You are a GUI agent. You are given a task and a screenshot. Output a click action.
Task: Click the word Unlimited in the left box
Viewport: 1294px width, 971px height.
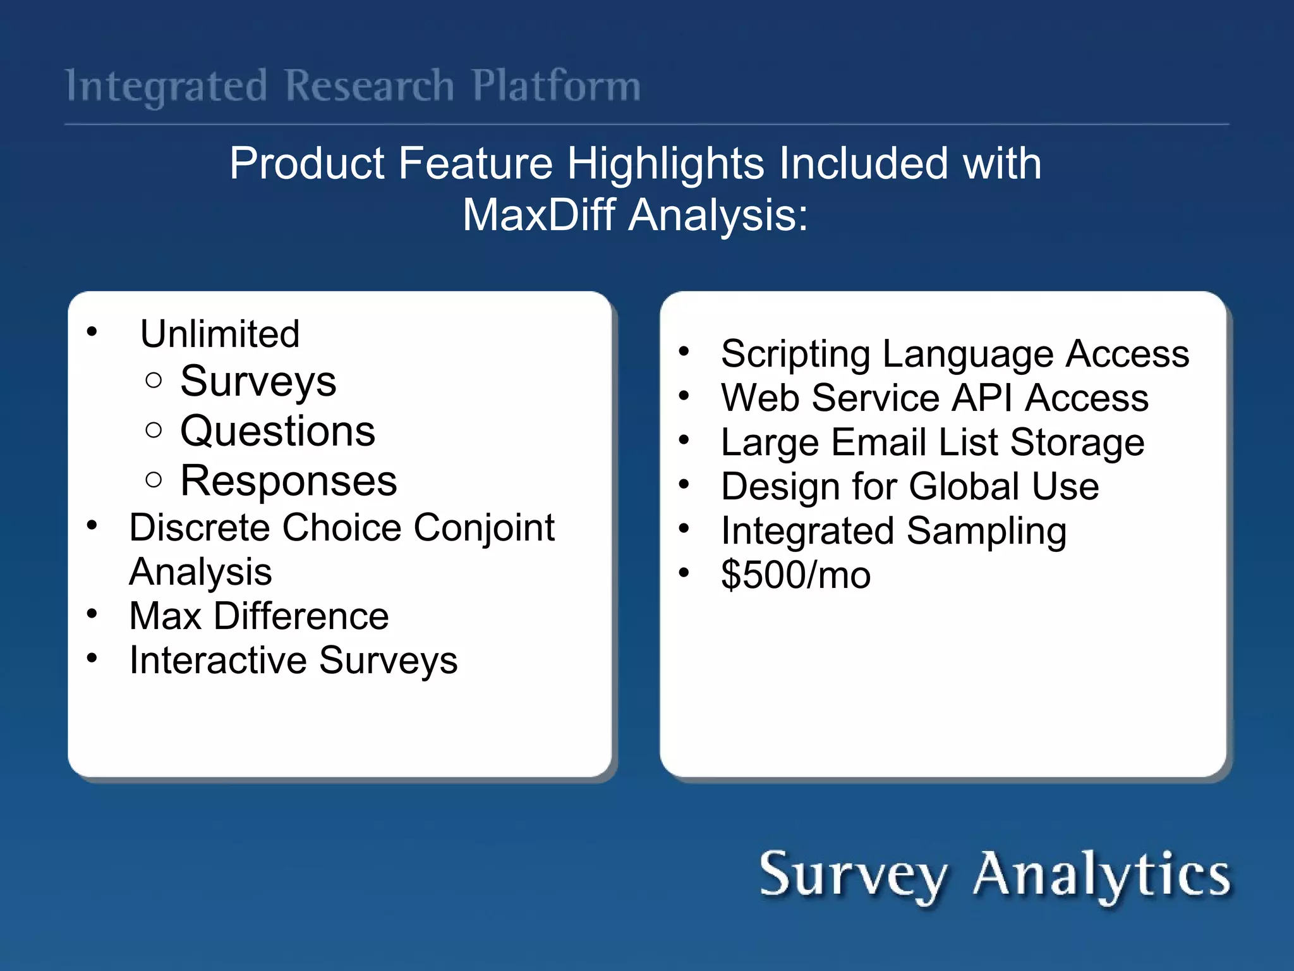click(220, 334)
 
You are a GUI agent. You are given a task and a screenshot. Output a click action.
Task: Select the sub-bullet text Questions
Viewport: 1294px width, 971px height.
click(277, 431)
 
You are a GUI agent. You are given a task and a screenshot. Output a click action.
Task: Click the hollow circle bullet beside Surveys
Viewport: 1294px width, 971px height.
click(154, 381)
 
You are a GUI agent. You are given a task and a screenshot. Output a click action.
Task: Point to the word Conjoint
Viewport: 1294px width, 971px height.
click(484, 528)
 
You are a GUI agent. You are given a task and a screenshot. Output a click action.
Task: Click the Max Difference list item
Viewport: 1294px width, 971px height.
click(258, 616)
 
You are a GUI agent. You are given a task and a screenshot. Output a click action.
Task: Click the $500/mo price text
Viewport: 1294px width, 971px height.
click(795, 575)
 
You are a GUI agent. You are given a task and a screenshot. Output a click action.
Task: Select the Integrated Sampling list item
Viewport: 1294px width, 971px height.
click(893, 531)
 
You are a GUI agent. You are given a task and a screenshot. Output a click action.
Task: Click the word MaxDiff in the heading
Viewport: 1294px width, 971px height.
click(538, 215)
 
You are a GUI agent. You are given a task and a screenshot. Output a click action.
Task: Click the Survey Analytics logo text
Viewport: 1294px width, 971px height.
click(995, 876)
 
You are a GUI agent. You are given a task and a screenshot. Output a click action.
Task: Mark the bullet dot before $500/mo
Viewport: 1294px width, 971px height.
click(684, 573)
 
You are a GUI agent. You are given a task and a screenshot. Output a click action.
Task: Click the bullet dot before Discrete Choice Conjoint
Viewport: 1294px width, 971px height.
click(92, 525)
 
